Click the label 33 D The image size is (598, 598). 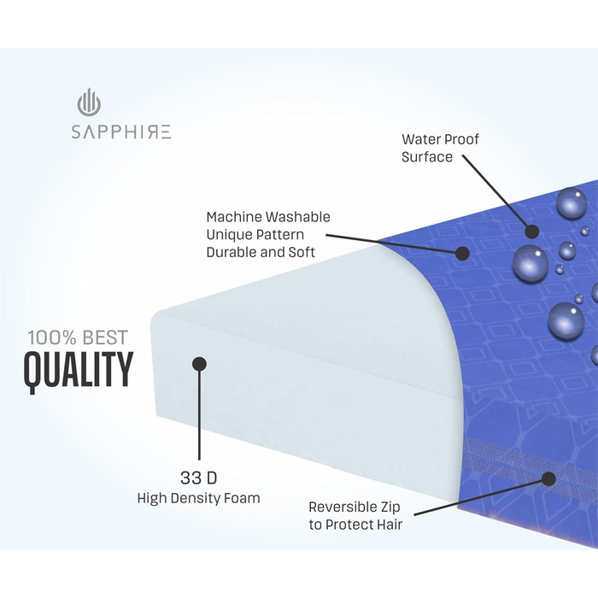coord(198,477)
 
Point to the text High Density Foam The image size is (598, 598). coord(198,498)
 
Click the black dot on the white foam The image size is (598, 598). coord(199,364)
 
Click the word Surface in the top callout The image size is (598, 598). coord(426,157)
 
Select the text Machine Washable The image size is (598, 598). coord(268,217)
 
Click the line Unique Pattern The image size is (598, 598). coord(255,234)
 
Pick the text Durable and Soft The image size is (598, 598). coord(261,252)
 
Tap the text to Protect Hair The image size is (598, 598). coord(355,524)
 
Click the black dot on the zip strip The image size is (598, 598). coord(548,478)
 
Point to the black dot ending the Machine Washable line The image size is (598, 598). coord(462,253)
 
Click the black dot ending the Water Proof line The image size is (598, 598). coord(532,231)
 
